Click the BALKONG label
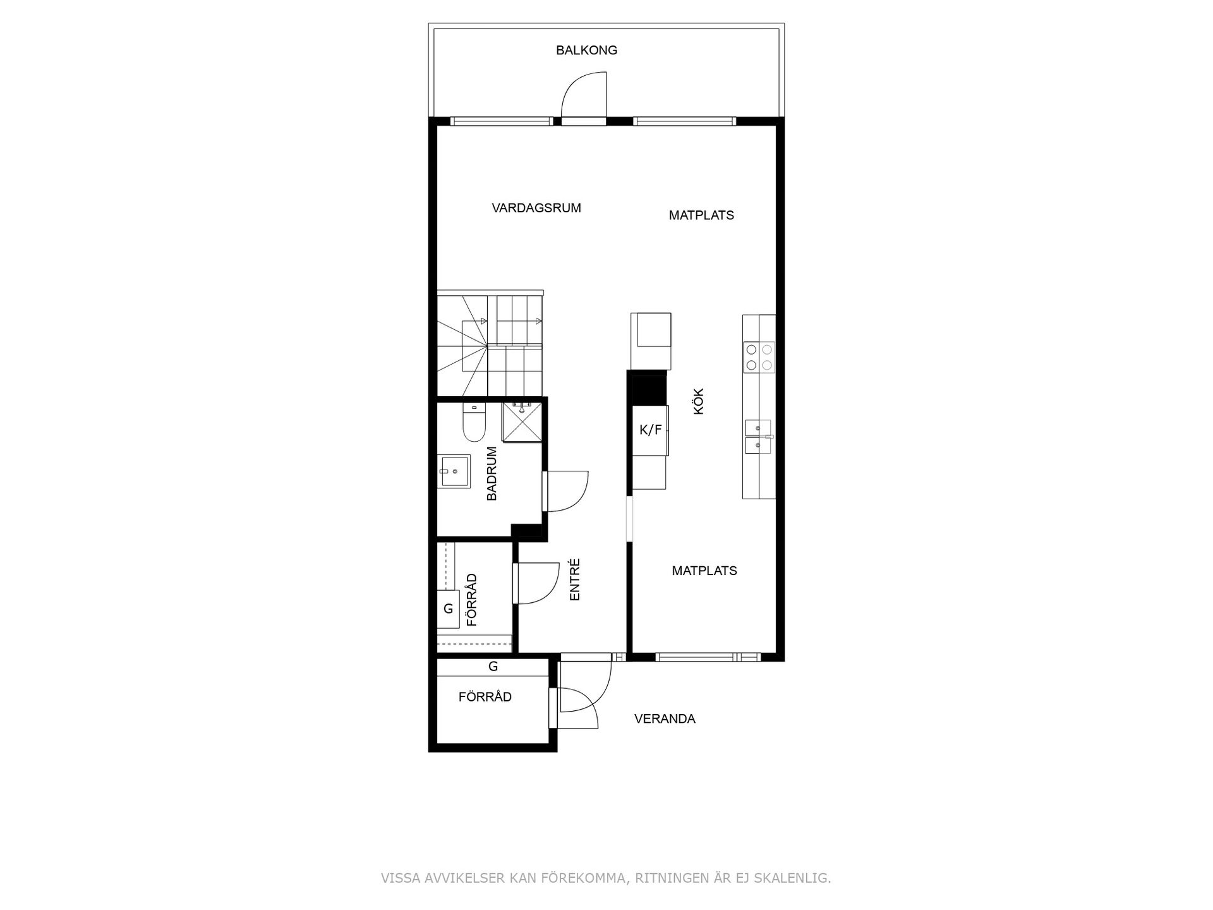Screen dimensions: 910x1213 click(586, 51)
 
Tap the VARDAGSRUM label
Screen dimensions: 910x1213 click(536, 208)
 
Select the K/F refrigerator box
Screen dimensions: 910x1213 click(650, 430)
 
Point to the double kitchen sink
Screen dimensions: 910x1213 click(757, 437)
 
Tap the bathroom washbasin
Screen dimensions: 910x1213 click(454, 471)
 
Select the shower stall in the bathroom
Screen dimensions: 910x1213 click(522, 422)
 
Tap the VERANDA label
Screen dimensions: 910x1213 click(665, 719)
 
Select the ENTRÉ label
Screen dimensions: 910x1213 click(574, 579)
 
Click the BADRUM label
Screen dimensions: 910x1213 click(492, 473)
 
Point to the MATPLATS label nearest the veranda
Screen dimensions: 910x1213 click(704, 571)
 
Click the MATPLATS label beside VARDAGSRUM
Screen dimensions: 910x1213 click(701, 215)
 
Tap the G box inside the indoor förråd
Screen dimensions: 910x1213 click(449, 609)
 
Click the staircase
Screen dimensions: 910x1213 click(490, 344)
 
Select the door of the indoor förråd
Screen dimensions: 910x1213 click(536, 583)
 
